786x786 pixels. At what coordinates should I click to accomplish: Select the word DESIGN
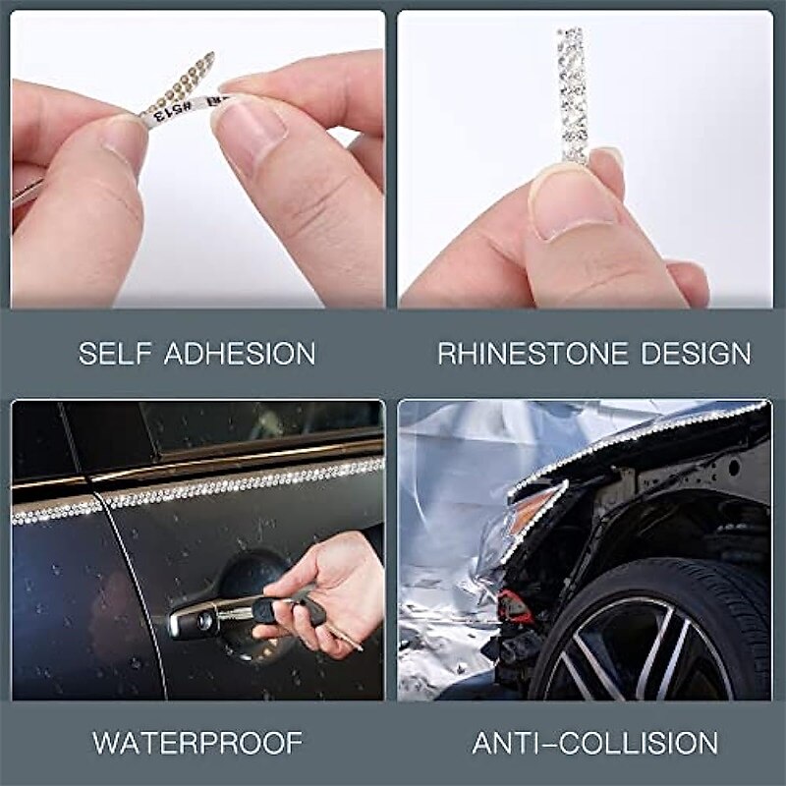[x=701, y=354]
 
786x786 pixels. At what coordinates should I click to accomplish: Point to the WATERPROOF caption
[x=197, y=742]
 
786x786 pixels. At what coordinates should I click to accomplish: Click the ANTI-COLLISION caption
[x=595, y=742]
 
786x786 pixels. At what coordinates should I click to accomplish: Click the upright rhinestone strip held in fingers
[x=573, y=93]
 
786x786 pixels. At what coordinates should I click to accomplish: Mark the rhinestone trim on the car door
[x=196, y=491]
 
